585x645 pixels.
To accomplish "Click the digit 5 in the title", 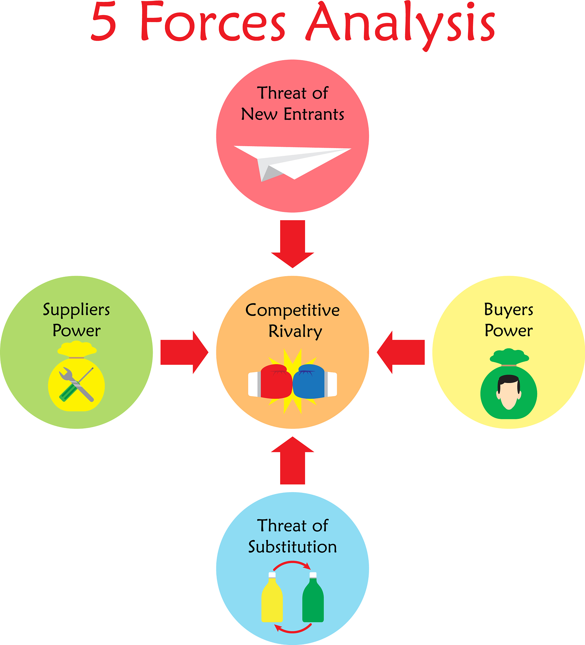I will (x=103, y=22).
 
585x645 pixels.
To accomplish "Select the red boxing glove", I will (x=275, y=381).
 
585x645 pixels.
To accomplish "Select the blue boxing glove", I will (x=310, y=381).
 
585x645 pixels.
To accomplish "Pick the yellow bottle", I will (x=272, y=599).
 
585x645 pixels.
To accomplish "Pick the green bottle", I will (x=313, y=599).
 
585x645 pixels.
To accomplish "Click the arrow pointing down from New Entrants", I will (x=292, y=243).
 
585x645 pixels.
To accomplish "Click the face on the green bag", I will (x=508, y=392).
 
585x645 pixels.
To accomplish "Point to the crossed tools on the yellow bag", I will (x=77, y=384).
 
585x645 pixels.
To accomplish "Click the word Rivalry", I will (x=295, y=331).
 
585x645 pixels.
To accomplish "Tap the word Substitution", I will (x=292, y=547).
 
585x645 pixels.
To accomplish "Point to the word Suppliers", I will (x=77, y=310).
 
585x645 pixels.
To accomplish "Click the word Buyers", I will (x=508, y=309).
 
